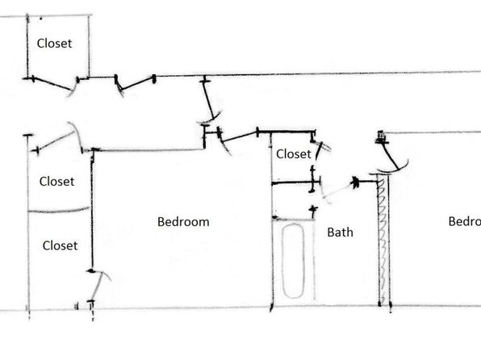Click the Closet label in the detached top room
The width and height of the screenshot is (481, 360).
(54, 44)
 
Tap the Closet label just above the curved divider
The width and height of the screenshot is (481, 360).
(56, 182)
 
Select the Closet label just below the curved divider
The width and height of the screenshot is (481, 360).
(60, 245)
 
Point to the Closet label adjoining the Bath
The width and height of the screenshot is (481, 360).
(294, 153)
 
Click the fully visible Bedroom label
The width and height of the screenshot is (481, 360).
(183, 222)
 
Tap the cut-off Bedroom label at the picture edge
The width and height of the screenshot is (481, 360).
(464, 221)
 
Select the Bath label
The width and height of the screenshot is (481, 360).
(341, 232)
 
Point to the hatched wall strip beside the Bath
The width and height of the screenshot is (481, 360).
(383, 240)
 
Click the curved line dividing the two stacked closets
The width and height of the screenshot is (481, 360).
(59, 211)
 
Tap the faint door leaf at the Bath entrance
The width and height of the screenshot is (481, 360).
(337, 190)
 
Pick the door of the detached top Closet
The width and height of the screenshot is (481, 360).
(52, 84)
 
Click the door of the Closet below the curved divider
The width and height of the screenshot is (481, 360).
(97, 287)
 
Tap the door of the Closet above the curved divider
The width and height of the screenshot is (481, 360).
(56, 141)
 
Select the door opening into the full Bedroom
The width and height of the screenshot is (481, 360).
(239, 136)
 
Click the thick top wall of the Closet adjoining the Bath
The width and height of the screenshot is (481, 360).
(287, 132)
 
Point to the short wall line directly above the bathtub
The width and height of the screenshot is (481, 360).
(293, 219)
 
